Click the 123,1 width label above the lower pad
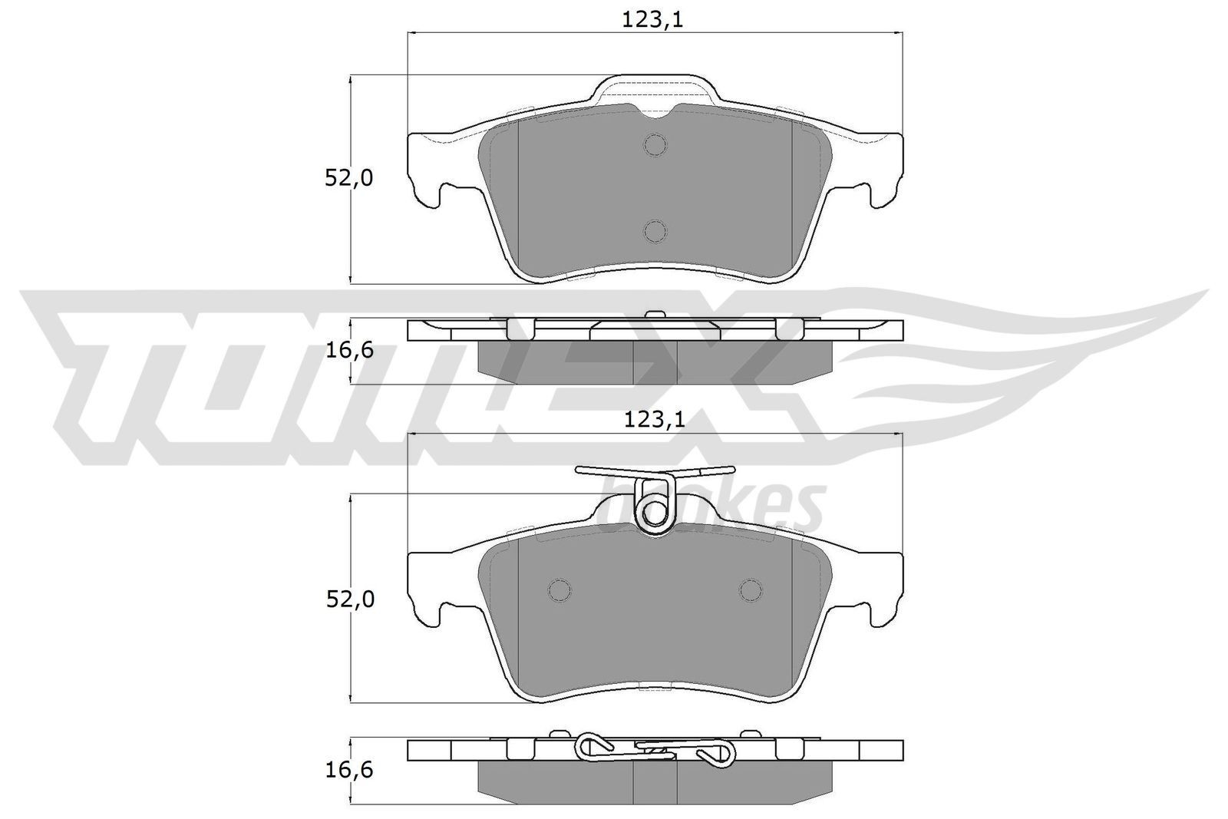pos(653,419)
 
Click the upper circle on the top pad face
pos(655,144)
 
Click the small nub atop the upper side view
pos(655,314)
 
